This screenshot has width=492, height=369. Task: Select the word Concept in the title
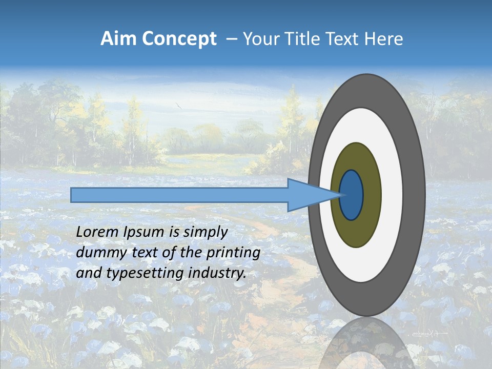pos(179,39)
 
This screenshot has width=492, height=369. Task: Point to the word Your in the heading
pos(260,39)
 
